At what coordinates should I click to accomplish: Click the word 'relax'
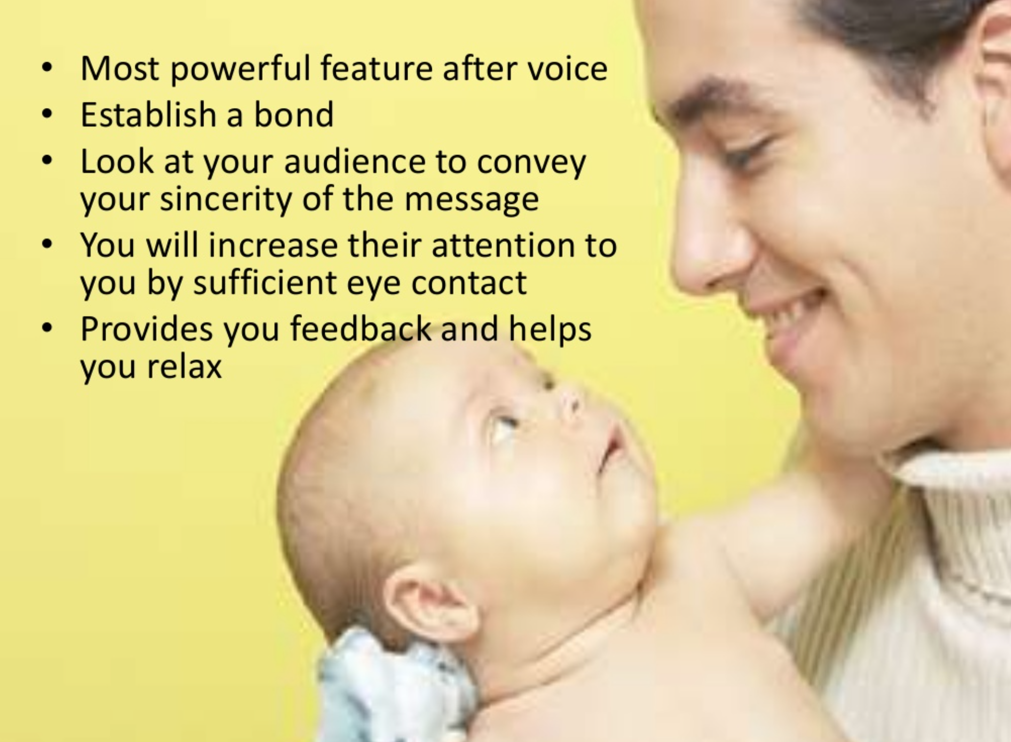(x=184, y=366)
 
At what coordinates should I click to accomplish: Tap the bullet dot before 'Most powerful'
(x=47, y=68)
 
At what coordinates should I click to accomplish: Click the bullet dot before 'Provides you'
(x=47, y=329)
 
